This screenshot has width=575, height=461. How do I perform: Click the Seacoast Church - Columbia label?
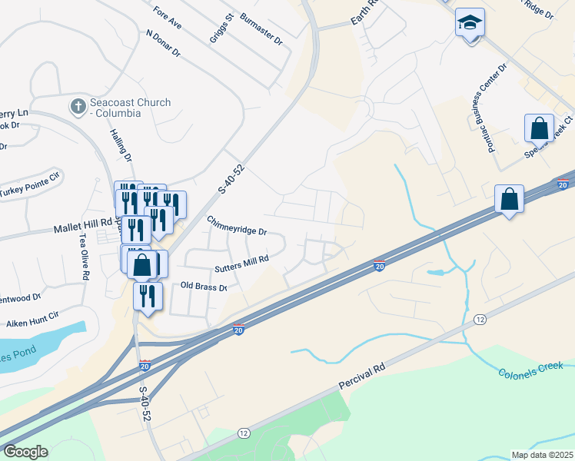pos(129,108)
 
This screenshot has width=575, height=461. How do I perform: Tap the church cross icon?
pos(78,107)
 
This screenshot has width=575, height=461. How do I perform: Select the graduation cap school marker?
pos(469,24)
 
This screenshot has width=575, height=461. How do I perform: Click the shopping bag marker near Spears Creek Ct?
pos(540,128)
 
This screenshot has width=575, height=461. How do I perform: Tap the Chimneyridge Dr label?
pos(236,226)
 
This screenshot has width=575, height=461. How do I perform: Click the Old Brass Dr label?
pos(204,287)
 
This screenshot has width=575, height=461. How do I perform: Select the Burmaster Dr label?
pos(261,28)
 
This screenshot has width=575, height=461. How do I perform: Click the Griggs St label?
pos(221,28)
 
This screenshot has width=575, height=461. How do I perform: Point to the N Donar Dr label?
pos(162,44)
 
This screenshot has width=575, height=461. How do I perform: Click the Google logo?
pos(25,452)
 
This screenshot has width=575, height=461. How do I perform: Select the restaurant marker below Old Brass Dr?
pos(147,296)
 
